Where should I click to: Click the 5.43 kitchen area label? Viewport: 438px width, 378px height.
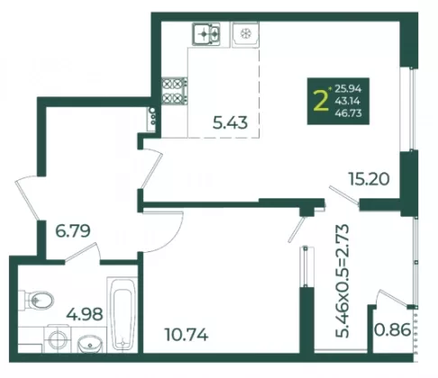click(230, 122)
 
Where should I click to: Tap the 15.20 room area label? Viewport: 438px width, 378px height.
click(369, 179)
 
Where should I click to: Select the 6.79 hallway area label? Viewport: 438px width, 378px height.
click(73, 231)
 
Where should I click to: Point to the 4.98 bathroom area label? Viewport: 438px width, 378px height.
click(85, 314)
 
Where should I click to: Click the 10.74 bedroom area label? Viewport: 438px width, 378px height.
click(187, 335)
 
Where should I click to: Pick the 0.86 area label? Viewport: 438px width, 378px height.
click(392, 329)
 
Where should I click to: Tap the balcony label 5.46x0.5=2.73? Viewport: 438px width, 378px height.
click(342, 281)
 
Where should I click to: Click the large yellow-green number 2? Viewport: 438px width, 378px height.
click(321, 101)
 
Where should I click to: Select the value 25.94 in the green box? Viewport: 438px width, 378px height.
click(348, 89)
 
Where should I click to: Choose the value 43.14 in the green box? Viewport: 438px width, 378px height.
click(348, 101)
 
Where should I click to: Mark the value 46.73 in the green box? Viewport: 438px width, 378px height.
click(348, 113)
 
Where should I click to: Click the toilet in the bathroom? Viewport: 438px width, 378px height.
click(36, 301)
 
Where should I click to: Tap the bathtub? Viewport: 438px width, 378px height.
click(123, 314)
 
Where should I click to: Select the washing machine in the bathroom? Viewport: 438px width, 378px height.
click(58, 339)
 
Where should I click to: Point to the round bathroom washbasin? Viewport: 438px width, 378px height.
click(90, 344)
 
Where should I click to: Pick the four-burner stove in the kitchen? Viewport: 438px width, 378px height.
click(175, 91)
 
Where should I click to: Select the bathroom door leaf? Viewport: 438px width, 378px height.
click(81, 251)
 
